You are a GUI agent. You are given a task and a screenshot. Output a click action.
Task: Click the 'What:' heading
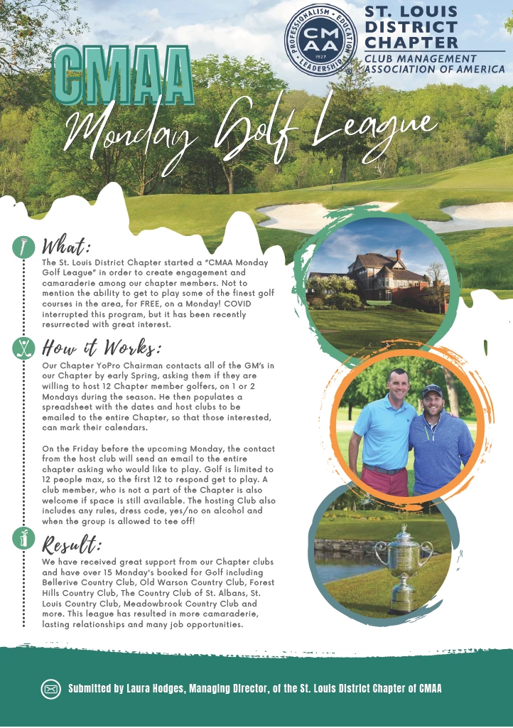tap(66, 247)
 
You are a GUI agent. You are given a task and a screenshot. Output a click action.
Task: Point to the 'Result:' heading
tap(72, 545)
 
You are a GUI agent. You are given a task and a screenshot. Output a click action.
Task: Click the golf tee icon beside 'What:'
tap(24, 247)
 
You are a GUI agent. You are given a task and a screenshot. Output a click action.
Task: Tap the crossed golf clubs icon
tap(24, 348)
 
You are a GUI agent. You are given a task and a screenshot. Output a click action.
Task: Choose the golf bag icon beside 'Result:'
tap(24, 539)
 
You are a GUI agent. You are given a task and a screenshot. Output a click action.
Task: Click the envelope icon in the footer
tap(50, 689)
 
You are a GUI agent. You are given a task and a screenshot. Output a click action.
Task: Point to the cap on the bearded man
tap(431, 390)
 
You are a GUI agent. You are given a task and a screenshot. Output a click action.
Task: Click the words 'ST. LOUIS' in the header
tap(411, 12)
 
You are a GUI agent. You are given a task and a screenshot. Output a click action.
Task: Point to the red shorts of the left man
tap(384, 481)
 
